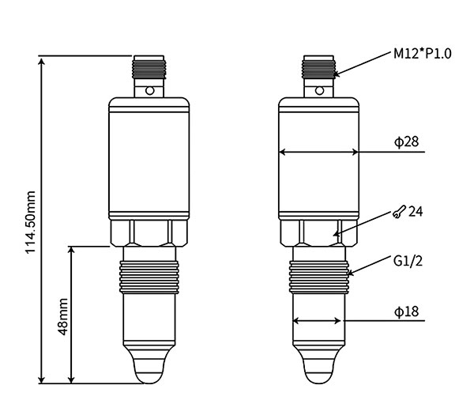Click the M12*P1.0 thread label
pos(423,55)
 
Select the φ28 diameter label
pos(406,142)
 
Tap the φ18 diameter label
pos(406,311)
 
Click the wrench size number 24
pos(416,212)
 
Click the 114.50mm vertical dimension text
pos(31,221)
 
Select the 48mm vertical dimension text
pos(63,315)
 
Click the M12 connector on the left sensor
pos(148,70)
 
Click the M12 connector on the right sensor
pos(319,70)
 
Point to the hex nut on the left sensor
pos(148,232)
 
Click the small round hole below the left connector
pos(148,91)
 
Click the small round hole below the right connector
pos(319,91)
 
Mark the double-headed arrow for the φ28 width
pos(319,153)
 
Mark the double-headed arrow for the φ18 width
pos(318,321)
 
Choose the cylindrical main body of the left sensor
pos(148,158)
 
